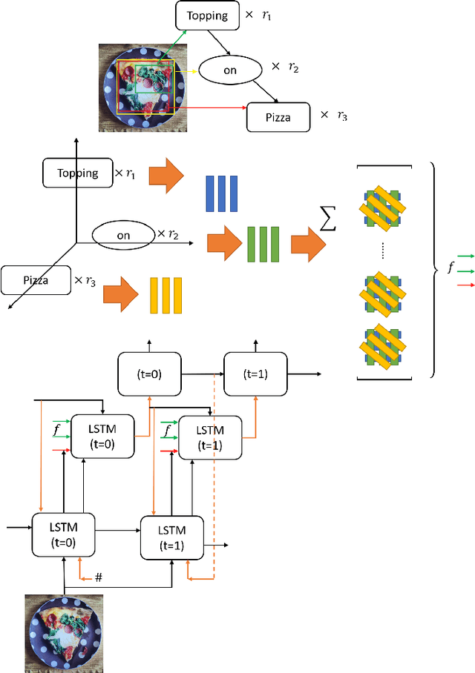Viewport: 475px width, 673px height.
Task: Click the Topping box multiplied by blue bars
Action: pos(78,173)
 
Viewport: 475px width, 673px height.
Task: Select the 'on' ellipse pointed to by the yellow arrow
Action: pos(229,70)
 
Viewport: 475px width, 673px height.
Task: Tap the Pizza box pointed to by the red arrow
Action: pos(279,116)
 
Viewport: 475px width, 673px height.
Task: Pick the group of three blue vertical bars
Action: pos(222,193)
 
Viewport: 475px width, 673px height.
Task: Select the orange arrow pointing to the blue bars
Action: pos(168,176)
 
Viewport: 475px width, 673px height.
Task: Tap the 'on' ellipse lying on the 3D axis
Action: pos(123,236)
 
